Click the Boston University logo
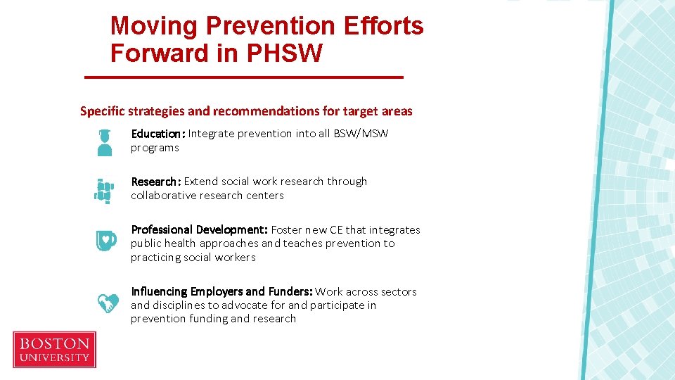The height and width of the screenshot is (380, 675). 54,350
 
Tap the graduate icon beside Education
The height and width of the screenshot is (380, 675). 105,141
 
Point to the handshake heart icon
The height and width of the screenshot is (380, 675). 107,303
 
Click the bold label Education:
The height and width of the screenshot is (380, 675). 158,134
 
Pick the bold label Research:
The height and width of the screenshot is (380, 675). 156,182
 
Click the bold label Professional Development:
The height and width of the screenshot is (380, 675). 199,230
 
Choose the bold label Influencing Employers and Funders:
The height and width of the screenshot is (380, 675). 221,291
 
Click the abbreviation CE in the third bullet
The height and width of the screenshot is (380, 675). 336,230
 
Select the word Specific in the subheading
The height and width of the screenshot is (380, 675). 103,111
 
